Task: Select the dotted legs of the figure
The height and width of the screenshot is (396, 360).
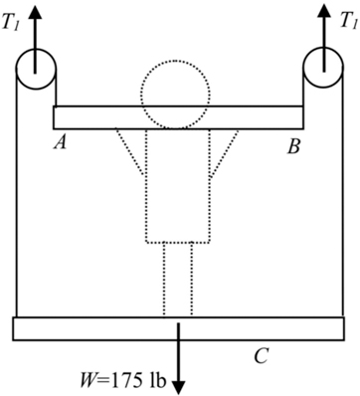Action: pyautogui.click(x=179, y=279)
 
